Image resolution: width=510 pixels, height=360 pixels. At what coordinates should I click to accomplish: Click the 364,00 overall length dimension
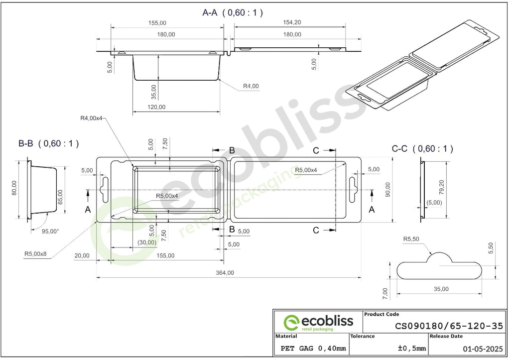click(225, 273)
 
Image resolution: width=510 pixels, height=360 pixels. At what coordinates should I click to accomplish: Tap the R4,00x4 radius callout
click(92, 118)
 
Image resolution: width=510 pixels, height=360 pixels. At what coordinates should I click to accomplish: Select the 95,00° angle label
click(50, 232)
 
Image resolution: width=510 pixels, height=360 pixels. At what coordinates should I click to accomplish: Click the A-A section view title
click(233, 12)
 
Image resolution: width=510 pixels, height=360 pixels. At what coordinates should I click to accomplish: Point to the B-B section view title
click(48, 143)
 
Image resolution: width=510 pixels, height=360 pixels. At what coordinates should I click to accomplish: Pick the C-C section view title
click(422, 148)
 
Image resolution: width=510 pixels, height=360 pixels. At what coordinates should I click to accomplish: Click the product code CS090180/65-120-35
click(449, 326)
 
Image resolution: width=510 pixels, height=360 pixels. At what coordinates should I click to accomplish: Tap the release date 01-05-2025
click(483, 349)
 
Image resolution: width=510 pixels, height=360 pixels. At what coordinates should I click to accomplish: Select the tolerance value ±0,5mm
click(412, 348)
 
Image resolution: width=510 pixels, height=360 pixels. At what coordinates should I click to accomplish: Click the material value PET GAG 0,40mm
click(313, 349)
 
